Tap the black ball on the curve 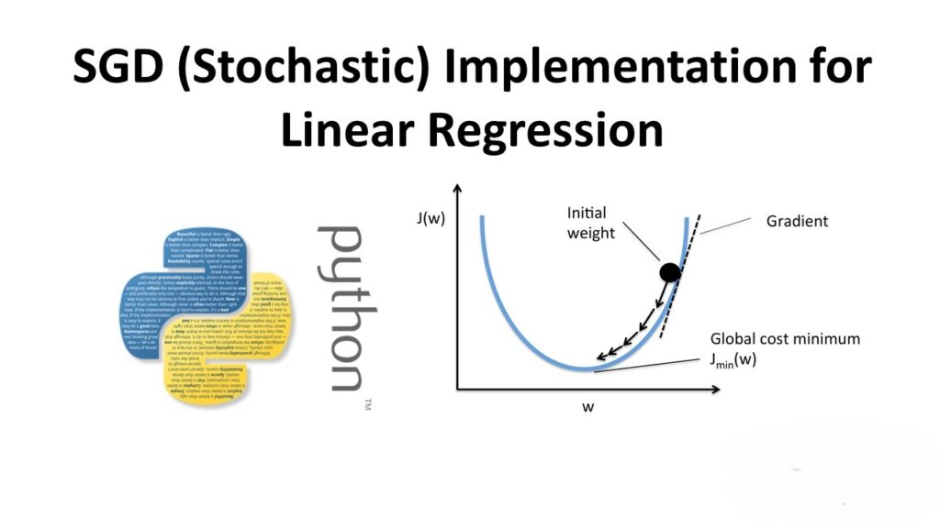click(x=669, y=271)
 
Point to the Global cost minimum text click(x=789, y=339)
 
